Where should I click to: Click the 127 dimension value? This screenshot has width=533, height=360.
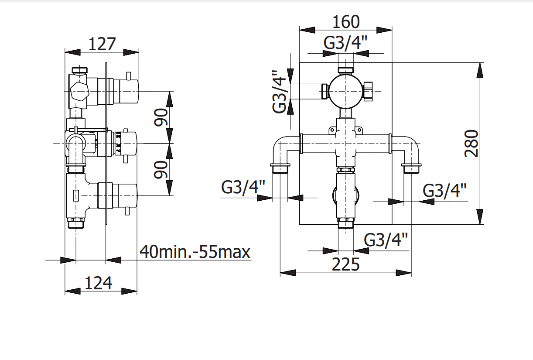tap(102, 44)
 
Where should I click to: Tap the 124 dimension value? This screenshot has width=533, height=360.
tap(98, 283)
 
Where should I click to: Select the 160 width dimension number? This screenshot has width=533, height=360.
tap(346, 21)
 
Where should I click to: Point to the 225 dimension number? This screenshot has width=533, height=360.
tap(346, 264)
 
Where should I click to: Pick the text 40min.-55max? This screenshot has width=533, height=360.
tap(195, 252)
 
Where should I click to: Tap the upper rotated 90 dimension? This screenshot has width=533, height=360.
tap(161, 117)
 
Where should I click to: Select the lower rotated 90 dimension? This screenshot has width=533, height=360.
tap(161, 169)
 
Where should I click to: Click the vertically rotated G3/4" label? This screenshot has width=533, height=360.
tap(280, 92)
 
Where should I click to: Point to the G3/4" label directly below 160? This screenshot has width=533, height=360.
tap(346, 43)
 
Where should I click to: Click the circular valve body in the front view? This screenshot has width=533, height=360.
tap(345, 91)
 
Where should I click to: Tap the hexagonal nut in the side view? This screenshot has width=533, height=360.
tap(79, 91)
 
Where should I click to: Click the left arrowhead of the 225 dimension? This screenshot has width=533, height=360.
tap(288, 273)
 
